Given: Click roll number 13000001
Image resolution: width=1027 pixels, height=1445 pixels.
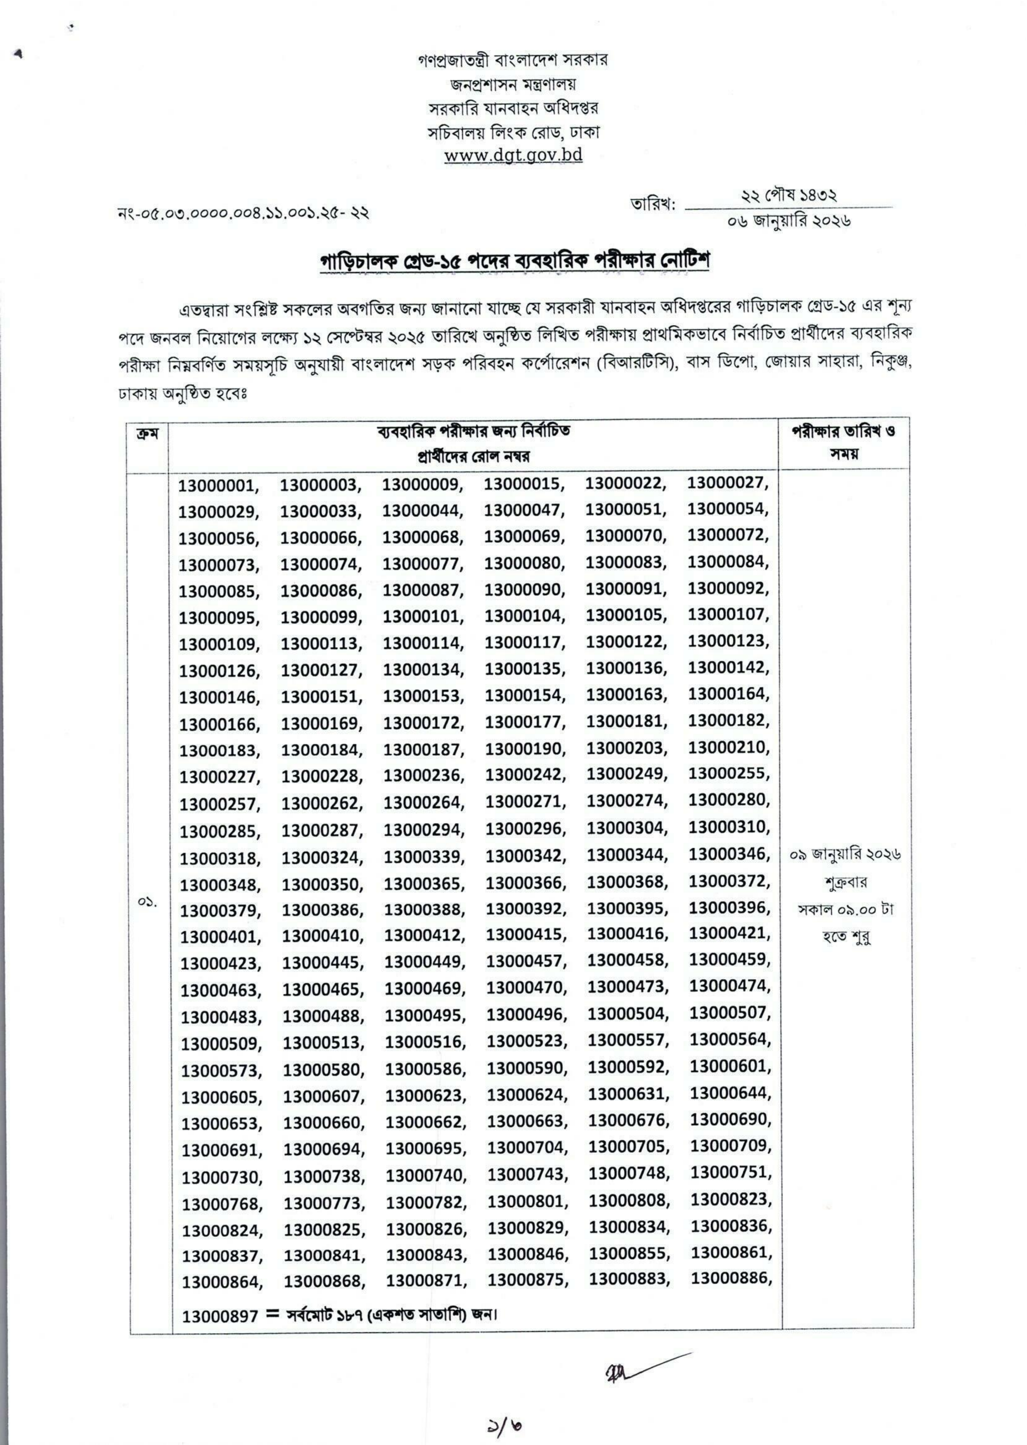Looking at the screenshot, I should coord(217,486).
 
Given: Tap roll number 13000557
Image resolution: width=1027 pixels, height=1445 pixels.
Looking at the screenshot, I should coord(627,1040).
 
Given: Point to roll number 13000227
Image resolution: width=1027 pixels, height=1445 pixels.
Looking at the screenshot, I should coord(219,777).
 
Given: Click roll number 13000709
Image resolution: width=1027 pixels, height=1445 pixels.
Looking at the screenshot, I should coord(730,1146).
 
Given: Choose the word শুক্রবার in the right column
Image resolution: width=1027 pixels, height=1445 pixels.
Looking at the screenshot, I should coord(845,882).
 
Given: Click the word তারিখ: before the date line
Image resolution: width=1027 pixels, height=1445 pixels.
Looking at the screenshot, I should coord(653,205).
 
